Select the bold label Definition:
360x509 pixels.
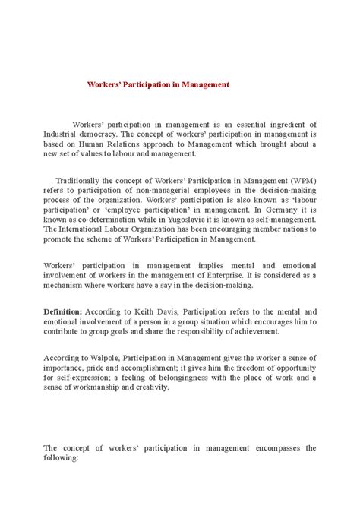(63, 311)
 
